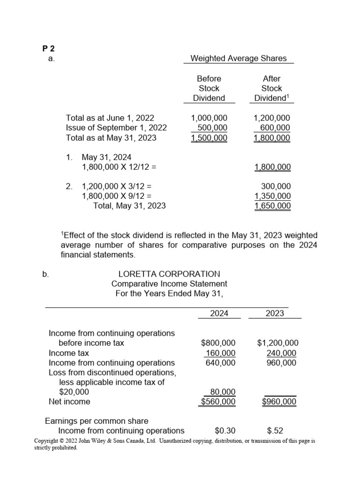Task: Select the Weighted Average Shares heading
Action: click(242, 59)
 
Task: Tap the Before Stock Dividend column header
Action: click(209, 88)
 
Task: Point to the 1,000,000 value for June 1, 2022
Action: click(209, 118)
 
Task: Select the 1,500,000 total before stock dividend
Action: click(209, 138)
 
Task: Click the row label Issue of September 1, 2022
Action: click(116, 128)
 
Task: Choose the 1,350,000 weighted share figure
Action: click(272, 196)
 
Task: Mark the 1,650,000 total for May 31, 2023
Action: click(272, 206)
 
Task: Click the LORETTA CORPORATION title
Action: click(169, 274)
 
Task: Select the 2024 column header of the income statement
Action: click(219, 313)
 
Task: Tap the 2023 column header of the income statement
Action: click(275, 313)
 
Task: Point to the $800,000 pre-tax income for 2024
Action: click(218, 343)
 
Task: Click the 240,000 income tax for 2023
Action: click(281, 353)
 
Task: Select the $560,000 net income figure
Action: click(218, 402)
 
